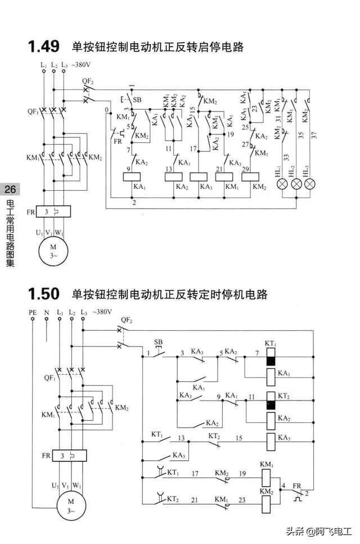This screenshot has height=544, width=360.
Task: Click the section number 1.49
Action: (44, 47)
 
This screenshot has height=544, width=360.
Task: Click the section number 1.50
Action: (44, 294)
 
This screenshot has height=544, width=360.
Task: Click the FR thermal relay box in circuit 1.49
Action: (54, 212)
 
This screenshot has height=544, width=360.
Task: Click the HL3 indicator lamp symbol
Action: (309, 185)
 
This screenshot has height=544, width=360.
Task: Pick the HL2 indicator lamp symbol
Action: (296, 185)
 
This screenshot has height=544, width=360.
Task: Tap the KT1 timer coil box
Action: (270, 360)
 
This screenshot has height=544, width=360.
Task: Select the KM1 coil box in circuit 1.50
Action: (267, 478)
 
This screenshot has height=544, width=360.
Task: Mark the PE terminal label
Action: (32, 312)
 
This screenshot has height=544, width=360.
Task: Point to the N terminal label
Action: (46, 312)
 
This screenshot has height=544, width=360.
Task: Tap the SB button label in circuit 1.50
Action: (158, 342)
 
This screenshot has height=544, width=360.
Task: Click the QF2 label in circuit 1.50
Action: (127, 320)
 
